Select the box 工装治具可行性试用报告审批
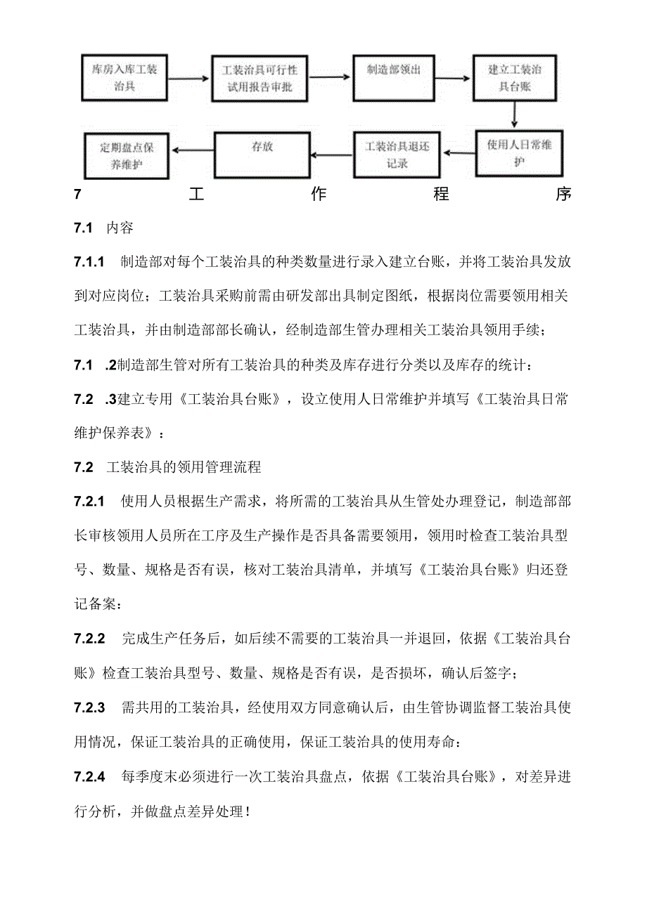(x=260, y=77)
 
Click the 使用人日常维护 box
(x=519, y=151)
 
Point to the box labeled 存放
(x=262, y=154)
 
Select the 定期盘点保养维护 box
(x=124, y=155)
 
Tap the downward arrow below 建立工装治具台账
(x=515, y=114)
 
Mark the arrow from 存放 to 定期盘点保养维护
(x=191, y=149)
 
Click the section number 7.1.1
(x=89, y=262)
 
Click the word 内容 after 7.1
(x=120, y=228)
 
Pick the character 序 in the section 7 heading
(x=563, y=195)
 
